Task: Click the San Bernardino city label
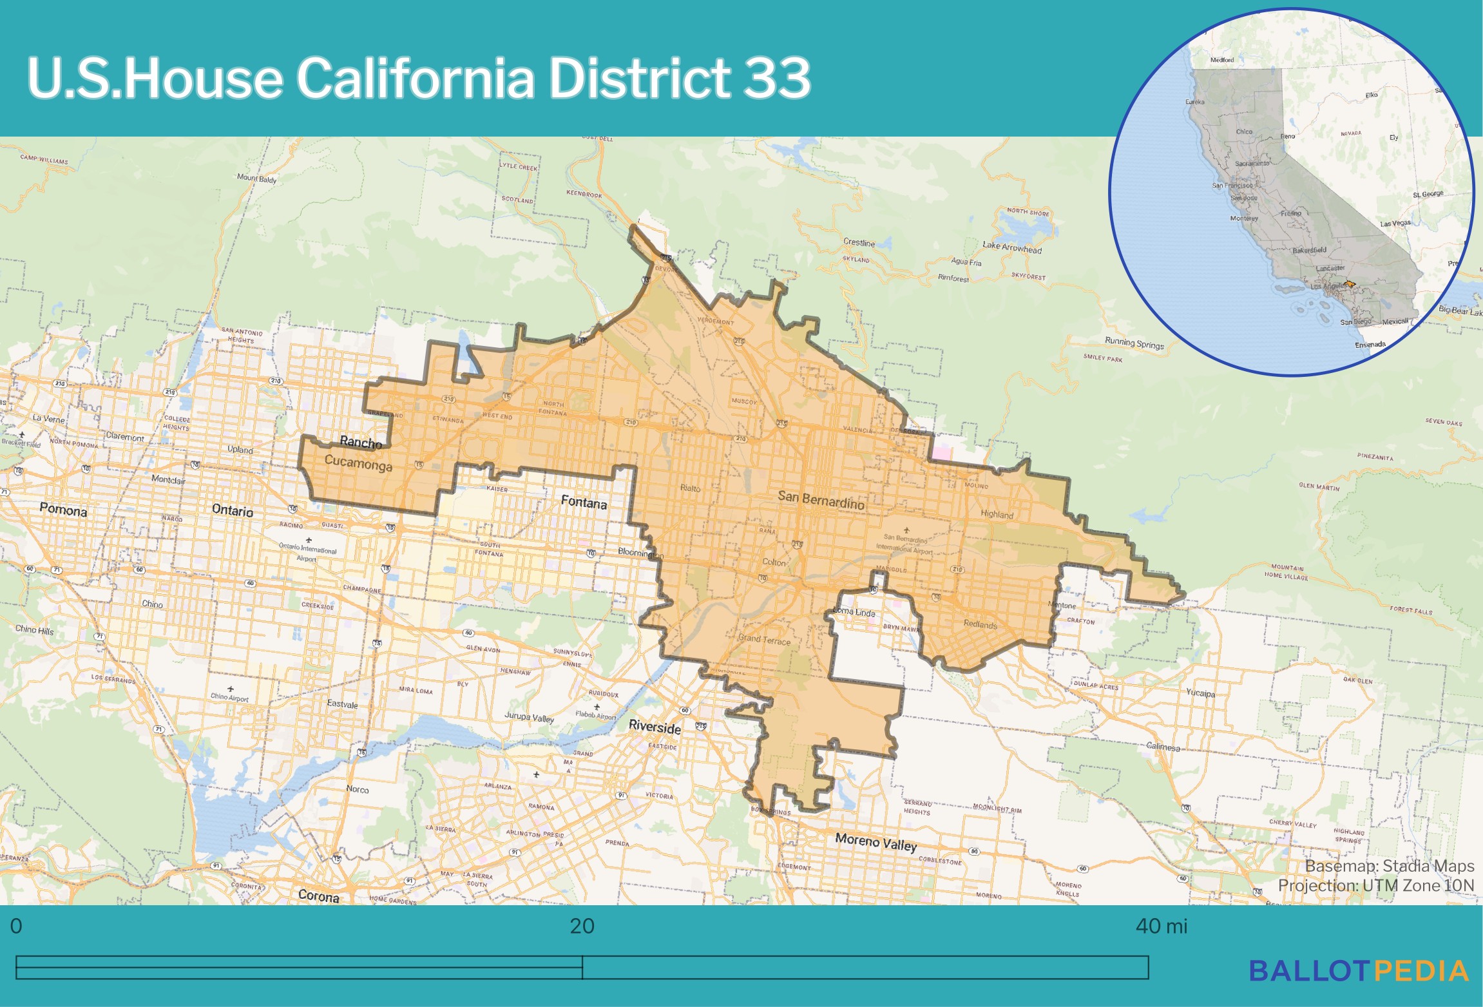coord(821,499)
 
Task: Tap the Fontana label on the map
coord(584,502)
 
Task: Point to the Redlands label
coord(980,624)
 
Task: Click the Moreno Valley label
coord(875,842)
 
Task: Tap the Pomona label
coord(63,510)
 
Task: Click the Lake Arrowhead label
coord(1012,247)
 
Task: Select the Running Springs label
coord(1134,343)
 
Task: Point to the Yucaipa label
coord(1200,693)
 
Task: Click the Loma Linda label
coord(855,611)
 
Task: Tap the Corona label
coord(318,896)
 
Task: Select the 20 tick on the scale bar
coord(582,926)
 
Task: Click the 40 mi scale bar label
coord(1161,926)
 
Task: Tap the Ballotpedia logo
coord(1359,971)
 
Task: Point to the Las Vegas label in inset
coord(1395,224)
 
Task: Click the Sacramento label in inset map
coord(1252,163)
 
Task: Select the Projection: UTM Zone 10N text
coord(1375,885)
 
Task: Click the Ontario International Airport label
coord(307,551)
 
